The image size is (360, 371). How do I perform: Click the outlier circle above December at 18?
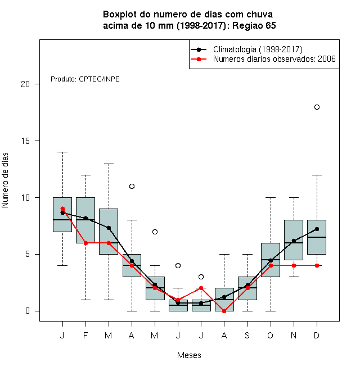click(x=317, y=107)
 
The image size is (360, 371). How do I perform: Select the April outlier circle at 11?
click(x=132, y=187)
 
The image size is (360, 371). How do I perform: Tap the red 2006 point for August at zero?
click(x=224, y=311)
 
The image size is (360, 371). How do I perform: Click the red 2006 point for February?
click(x=85, y=243)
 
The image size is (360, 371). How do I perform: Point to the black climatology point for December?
click(x=317, y=229)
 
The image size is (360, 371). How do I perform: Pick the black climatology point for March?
click(x=109, y=228)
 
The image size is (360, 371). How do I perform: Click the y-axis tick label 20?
click(x=25, y=84)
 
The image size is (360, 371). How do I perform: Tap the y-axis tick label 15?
click(x=25, y=141)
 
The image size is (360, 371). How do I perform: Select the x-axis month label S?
click(x=247, y=335)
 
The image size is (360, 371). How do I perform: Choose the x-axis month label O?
click(x=270, y=335)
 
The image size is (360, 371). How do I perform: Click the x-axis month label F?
click(x=85, y=335)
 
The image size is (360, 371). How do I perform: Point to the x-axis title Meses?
click(x=189, y=355)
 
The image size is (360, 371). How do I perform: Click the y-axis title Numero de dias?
click(x=5, y=180)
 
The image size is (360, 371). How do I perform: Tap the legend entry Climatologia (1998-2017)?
click(x=258, y=49)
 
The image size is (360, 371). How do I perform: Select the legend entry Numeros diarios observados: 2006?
click(x=274, y=59)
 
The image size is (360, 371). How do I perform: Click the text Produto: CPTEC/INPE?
click(x=85, y=79)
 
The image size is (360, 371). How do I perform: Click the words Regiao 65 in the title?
click(x=254, y=25)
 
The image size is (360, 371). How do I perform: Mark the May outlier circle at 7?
click(x=155, y=232)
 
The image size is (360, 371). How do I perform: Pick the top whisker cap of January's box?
click(x=63, y=152)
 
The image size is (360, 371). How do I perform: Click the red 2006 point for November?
click(x=294, y=265)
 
